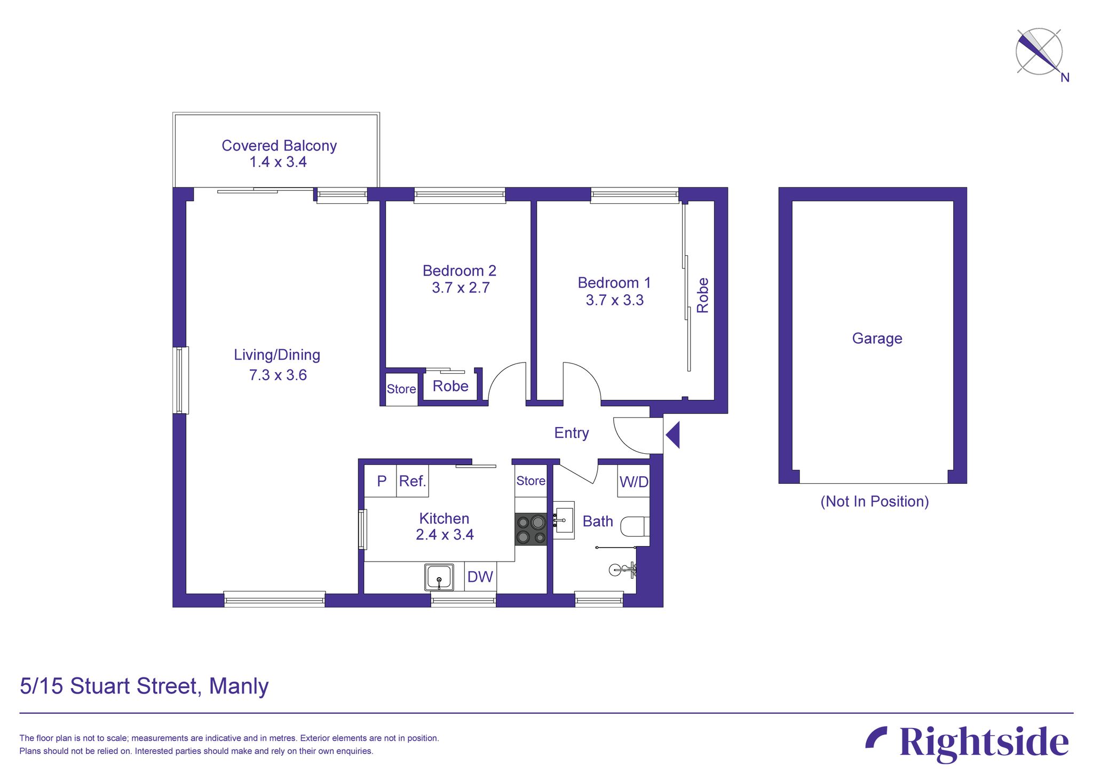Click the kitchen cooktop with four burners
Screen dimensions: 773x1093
click(530, 529)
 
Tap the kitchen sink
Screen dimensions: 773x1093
click(439, 577)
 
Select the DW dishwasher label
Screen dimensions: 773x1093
click(480, 577)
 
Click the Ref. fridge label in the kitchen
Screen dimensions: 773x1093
click(413, 481)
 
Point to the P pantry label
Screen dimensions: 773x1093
click(382, 481)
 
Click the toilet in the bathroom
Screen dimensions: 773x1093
click(634, 526)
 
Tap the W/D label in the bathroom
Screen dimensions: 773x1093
click(633, 482)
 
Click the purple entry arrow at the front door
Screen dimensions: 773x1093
click(673, 435)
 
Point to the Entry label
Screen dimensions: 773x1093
click(571, 433)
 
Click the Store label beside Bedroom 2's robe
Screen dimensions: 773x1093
click(401, 389)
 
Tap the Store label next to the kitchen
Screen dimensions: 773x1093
click(530, 481)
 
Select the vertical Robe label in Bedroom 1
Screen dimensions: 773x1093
click(703, 295)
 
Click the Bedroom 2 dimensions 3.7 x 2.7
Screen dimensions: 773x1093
click(461, 288)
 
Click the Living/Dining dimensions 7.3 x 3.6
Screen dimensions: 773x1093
click(278, 375)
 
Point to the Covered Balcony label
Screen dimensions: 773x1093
click(279, 146)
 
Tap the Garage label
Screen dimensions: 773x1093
click(877, 338)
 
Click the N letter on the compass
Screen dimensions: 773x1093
click(1065, 78)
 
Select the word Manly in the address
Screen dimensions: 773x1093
click(239, 686)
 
